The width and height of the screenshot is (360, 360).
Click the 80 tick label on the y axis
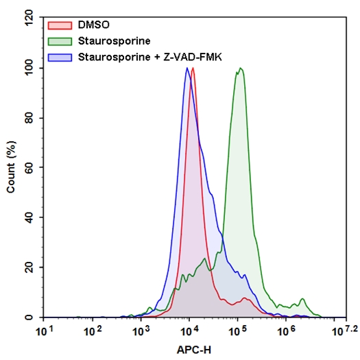tap(29, 118)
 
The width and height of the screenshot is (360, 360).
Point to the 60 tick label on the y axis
tap(29, 168)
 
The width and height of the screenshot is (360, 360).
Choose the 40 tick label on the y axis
tap(29, 217)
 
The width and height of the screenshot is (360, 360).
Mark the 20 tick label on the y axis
tap(29, 267)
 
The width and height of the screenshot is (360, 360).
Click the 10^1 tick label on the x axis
tap(45, 331)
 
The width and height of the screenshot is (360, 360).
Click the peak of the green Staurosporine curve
tap(240, 68)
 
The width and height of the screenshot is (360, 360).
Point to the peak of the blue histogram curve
tap(187, 68)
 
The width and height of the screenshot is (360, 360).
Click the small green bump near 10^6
tap(302, 300)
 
